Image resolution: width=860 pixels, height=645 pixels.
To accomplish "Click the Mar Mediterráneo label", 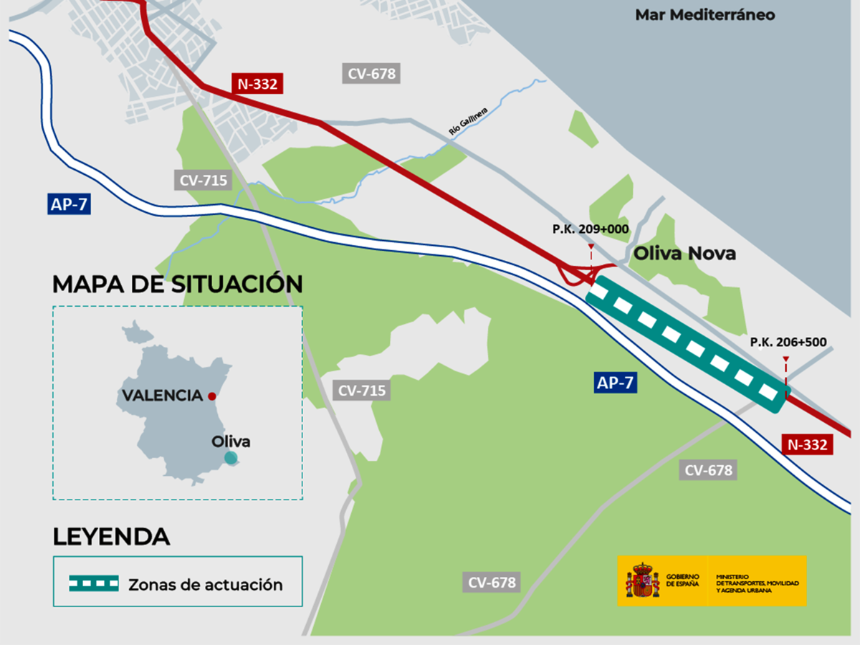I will tap(704, 15).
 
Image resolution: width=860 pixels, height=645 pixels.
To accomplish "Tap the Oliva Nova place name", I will tap(684, 254).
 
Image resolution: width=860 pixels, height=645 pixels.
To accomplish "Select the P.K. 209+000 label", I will tap(590, 229).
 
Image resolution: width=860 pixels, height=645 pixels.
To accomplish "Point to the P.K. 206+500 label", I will tap(786, 342).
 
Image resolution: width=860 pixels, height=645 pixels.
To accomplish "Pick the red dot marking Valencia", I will tap(211, 396).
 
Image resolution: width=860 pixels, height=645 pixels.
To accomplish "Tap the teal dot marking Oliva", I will tap(230, 457).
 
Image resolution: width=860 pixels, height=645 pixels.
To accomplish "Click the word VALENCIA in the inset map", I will tap(162, 396).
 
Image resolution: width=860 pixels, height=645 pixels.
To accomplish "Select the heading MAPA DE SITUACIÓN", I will tap(177, 284).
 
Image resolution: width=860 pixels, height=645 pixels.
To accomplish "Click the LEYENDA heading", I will tap(111, 536).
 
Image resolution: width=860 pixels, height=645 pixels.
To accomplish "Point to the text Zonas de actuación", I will tap(205, 585).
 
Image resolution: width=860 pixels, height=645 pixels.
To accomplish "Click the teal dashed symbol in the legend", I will tap(93, 584).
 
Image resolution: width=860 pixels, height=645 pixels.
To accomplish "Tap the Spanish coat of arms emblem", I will tap(643, 580).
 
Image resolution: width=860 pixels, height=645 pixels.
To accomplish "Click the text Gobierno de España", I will tap(682, 580).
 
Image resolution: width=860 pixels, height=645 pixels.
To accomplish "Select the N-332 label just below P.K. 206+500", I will tap(807, 445).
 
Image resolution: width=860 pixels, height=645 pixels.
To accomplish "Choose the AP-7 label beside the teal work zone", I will tap(616, 383).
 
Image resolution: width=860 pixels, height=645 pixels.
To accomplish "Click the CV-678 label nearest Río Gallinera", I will tap(371, 73).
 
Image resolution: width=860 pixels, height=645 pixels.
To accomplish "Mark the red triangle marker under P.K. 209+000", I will tap(591, 247).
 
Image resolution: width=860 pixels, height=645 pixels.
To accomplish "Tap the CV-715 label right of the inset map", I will tap(362, 391).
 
